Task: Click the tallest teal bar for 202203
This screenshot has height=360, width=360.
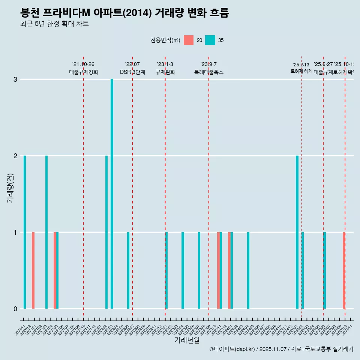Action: [x=112, y=194]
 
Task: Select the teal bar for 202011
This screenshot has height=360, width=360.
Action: [x=25, y=232]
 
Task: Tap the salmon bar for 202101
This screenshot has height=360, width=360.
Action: [x=33, y=270]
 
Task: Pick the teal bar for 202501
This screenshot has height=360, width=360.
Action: [x=297, y=232]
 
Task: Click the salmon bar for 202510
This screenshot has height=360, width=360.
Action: [x=343, y=270]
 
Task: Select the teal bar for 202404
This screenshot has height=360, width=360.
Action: [x=248, y=270]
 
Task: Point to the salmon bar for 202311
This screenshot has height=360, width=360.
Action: [x=218, y=270]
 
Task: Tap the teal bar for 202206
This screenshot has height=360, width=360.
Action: [x=128, y=270]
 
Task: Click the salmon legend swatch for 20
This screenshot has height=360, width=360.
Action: [x=189, y=40]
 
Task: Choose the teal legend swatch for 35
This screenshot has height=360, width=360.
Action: [x=210, y=40]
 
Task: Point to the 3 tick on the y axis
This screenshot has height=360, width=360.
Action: [x=15, y=79]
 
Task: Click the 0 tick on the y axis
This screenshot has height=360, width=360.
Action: [x=15, y=309]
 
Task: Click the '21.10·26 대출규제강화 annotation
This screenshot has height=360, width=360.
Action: [x=83, y=68]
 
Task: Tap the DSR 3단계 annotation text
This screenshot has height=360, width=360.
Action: [x=132, y=72]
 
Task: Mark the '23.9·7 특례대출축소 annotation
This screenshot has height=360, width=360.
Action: [x=208, y=68]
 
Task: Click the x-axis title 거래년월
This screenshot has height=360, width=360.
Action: [x=187, y=340]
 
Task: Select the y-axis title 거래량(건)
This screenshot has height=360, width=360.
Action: [x=10, y=188]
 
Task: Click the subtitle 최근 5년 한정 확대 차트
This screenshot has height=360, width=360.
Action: [x=54, y=24]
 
